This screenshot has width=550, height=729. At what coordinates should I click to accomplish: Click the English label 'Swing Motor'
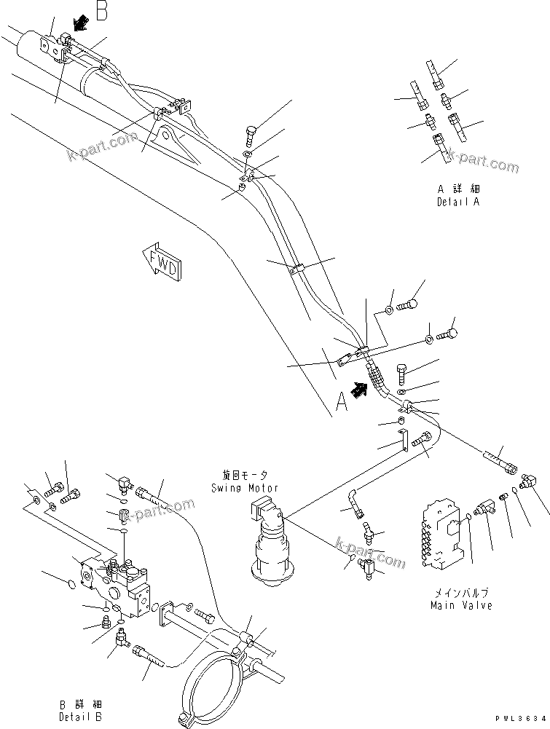pyautogui.click(x=252, y=488)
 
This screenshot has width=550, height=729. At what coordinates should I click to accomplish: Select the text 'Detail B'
pyautogui.click(x=82, y=717)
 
